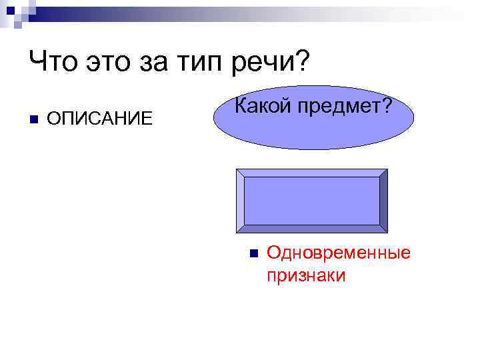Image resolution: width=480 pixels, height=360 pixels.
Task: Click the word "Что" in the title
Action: coord(53,65)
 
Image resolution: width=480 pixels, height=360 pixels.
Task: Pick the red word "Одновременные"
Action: coord(338,253)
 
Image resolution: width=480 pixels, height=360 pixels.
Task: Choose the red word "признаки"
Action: coord(306,275)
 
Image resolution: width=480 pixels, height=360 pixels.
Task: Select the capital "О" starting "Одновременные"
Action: coord(272,253)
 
